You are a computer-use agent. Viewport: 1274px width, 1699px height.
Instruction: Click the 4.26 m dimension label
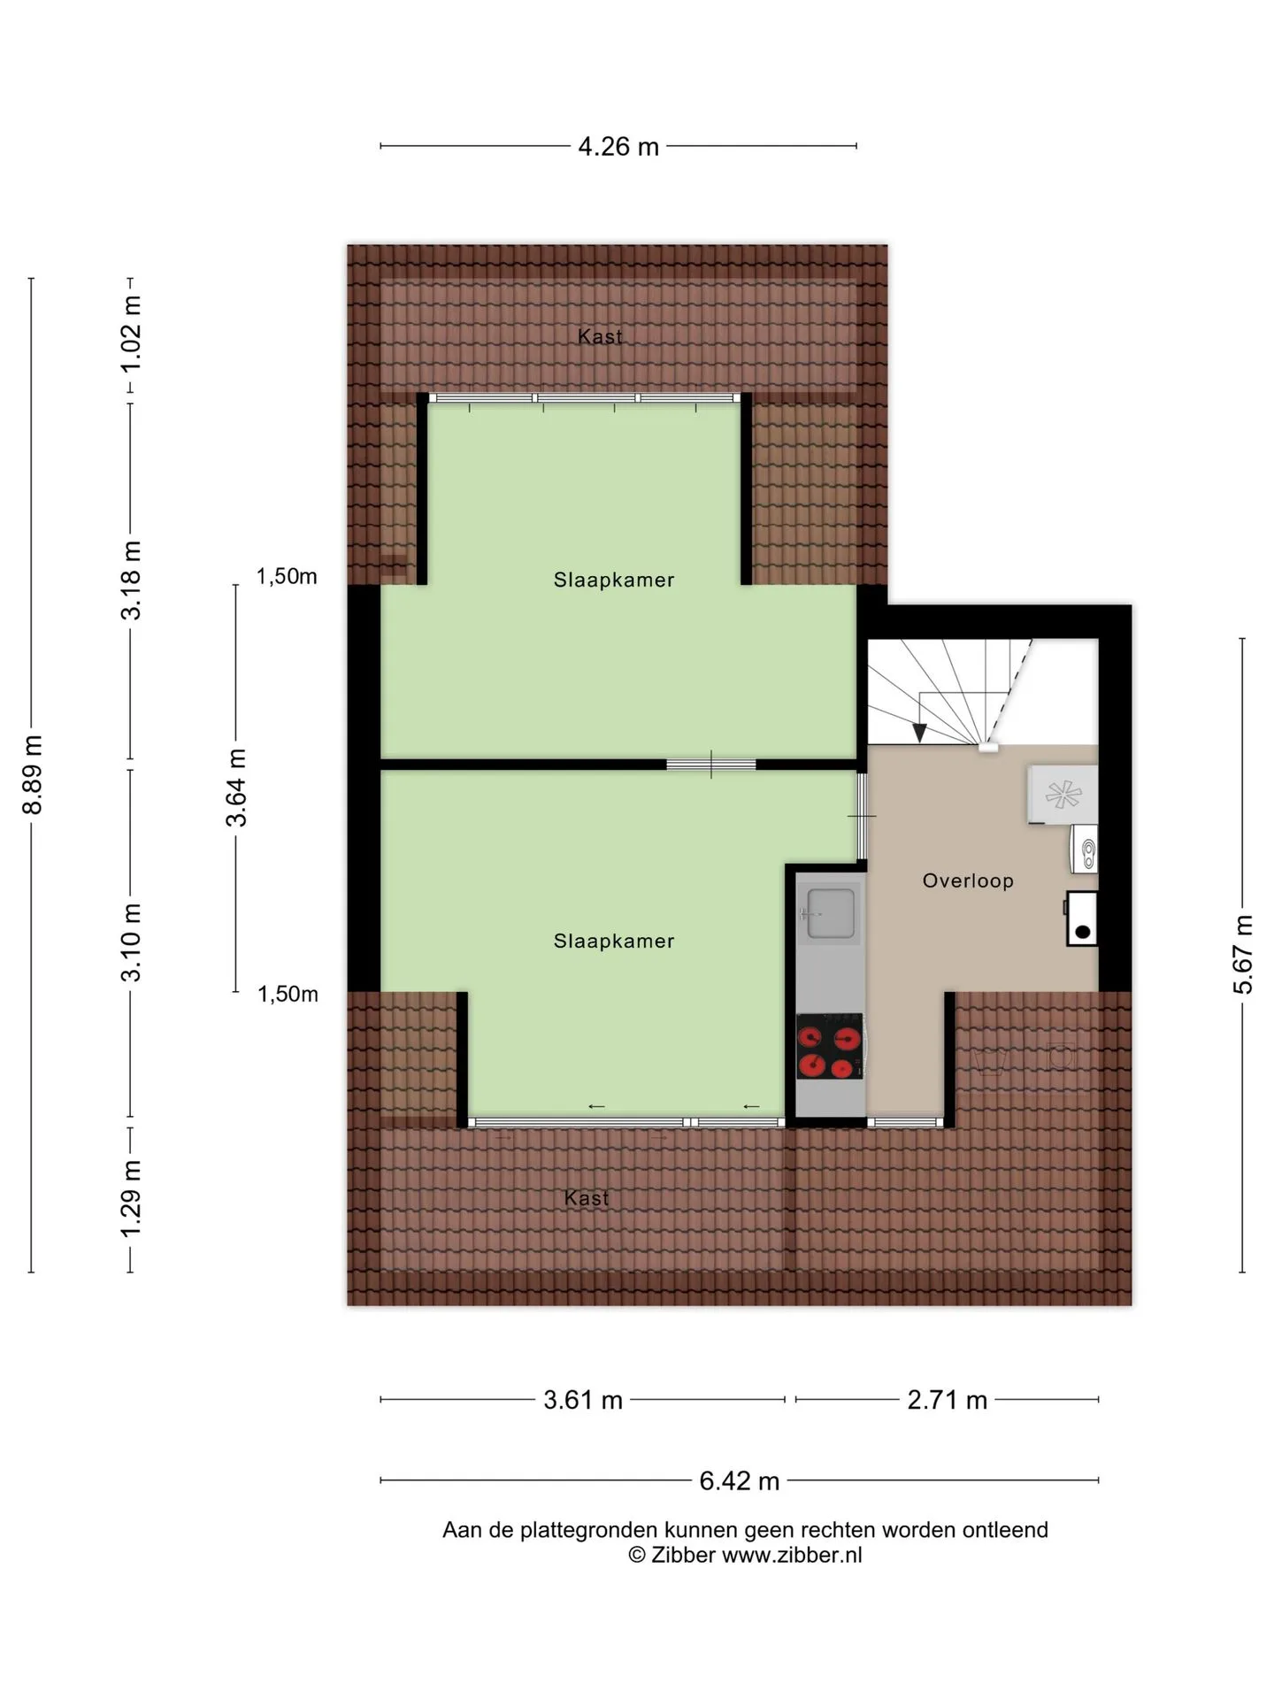click(x=618, y=146)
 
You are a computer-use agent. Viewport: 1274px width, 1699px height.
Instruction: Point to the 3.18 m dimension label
click(x=131, y=580)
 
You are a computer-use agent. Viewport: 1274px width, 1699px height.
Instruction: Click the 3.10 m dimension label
click(x=131, y=942)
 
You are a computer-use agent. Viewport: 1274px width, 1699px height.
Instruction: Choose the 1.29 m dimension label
click(x=131, y=1201)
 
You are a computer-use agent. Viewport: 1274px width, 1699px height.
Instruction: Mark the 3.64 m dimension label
click(x=236, y=788)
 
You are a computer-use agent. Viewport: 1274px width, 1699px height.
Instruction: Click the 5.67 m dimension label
click(x=1243, y=955)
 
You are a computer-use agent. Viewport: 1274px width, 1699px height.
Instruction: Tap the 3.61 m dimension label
click(x=583, y=1400)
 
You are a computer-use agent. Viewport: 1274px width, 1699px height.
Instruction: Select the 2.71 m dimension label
click(x=947, y=1400)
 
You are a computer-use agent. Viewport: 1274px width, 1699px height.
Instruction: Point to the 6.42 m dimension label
click(x=740, y=1480)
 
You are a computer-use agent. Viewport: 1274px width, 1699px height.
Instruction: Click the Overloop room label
click(x=968, y=880)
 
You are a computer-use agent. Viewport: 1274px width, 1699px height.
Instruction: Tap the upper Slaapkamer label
click(x=614, y=580)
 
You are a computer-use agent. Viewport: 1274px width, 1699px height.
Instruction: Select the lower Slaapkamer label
click(x=614, y=941)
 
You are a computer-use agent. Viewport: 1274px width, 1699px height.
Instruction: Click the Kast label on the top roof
click(x=600, y=336)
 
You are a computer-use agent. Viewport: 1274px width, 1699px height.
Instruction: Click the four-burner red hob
click(x=830, y=1046)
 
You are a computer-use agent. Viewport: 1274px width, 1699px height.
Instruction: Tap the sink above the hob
click(x=830, y=914)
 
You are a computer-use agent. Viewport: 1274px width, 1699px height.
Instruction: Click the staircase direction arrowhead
click(x=920, y=733)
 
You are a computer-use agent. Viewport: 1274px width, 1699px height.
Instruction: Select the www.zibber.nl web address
click(x=792, y=1555)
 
